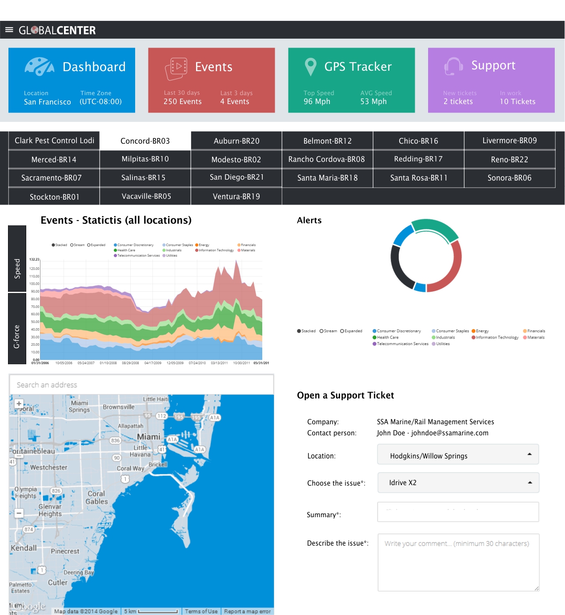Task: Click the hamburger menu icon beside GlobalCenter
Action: point(9,30)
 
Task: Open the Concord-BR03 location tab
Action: point(145,141)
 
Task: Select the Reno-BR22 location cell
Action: point(509,160)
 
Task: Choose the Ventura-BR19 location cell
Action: point(236,197)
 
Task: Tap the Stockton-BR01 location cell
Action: point(54,197)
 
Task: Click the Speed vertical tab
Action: point(17,259)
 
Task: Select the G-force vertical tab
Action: point(17,329)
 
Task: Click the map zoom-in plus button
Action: point(19,404)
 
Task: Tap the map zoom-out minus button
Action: point(19,513)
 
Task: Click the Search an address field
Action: point(141,385)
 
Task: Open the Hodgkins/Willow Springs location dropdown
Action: point(458,455)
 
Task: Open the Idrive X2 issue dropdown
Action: point(458,483)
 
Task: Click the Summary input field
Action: point(458,512)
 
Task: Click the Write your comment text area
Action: point(458,563)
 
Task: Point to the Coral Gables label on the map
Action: point(96,498)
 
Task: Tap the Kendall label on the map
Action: point(24,548)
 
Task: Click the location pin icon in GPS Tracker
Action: point(310,67)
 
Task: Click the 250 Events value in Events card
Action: point(182,102)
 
